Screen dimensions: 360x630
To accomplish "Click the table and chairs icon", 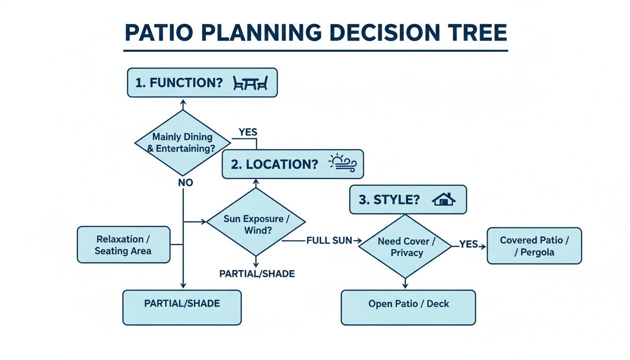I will [x=251, y=83].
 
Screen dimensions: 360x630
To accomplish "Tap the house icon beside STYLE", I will [x=443, y=199].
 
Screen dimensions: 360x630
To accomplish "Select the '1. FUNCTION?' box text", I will [x=179, y=83].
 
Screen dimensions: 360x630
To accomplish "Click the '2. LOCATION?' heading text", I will [x=274, y=165].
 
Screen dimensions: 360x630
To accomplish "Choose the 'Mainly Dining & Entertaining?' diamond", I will [x=182, y=142].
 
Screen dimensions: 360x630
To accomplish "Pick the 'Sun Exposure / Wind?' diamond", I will [x=255, y=225].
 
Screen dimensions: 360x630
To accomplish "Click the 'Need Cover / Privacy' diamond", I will [x=406, y=247].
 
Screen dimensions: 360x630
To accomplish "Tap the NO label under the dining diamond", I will [x=186, y=183].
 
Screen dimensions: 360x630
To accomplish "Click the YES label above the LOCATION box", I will [x=248, y=132].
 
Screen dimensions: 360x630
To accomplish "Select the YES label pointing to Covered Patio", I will [x=468, y=244].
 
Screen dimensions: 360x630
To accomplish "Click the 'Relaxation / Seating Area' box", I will [x=123, y=245].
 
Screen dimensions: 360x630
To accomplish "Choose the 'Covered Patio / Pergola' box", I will [x=534, y=246].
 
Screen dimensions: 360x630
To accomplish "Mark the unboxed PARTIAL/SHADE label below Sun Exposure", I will [x=257, y=274].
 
